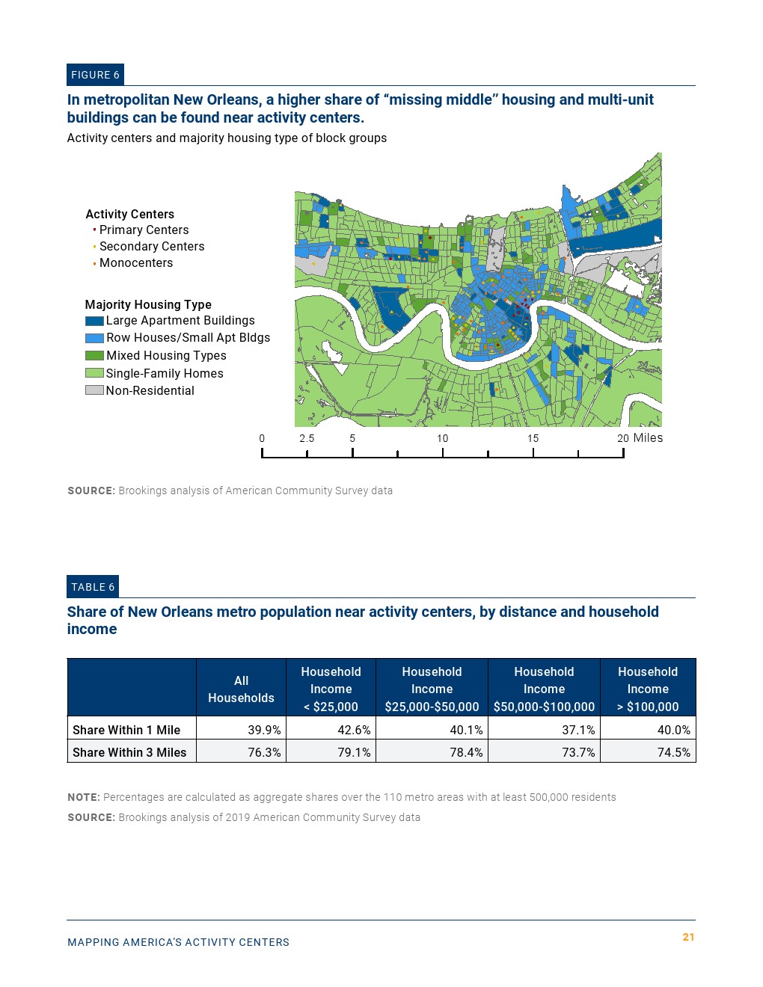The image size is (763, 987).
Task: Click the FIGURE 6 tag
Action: (95, 75)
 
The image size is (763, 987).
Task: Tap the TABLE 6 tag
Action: (93, 587)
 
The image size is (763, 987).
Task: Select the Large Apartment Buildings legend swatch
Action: (94, 321)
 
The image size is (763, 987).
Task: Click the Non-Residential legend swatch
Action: (94, 390)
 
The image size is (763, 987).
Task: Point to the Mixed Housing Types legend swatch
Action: (94, 356)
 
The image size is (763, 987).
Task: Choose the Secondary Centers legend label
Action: (152, 247)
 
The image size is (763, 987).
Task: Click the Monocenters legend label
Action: (136, 263)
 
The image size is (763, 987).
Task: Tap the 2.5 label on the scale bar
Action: (307, 439)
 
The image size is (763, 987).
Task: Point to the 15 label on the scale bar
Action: (533, 439)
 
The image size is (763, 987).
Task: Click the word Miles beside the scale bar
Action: (648, 438)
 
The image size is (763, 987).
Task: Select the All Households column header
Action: (241, 689)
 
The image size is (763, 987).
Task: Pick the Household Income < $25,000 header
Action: (331, 689)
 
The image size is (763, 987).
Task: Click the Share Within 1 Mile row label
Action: (126, 730)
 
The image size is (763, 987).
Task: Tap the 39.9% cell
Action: (264, 730)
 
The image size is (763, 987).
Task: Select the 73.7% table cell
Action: (578, 752)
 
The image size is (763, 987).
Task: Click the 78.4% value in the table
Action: (466, 752)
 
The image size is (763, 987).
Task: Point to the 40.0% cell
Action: (673, 730)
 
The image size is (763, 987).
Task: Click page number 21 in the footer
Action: (688, 937)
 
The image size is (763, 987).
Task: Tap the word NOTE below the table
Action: (83, 798)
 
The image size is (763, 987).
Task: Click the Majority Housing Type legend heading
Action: (148, 304)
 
